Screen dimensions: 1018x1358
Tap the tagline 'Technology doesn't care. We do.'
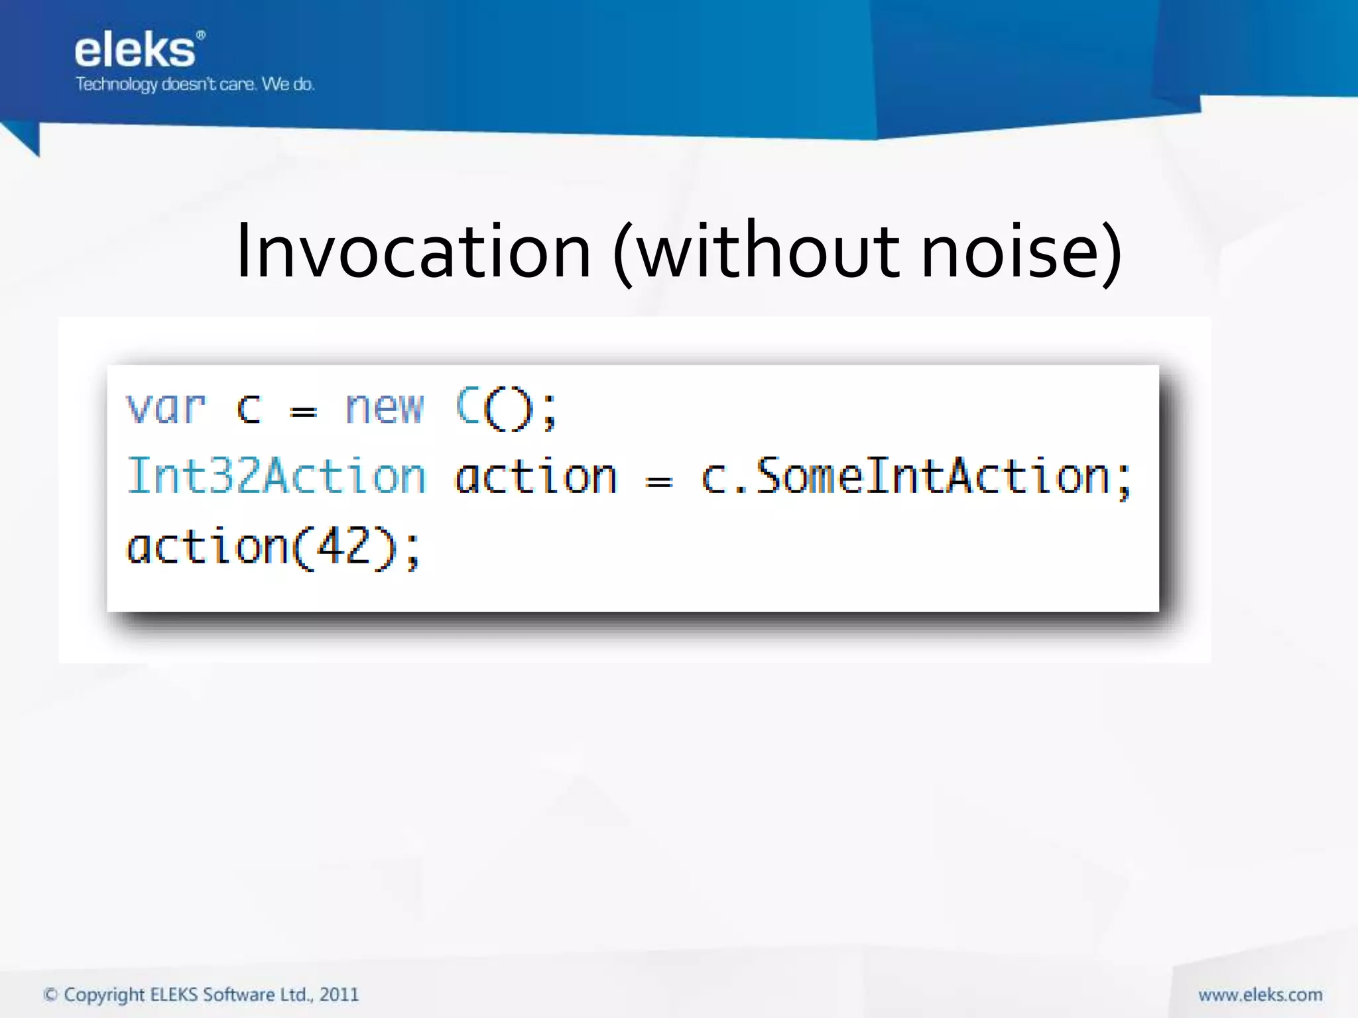194,84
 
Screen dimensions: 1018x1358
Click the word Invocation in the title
413,252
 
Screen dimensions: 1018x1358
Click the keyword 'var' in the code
166,408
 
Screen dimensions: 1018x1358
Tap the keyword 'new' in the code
384,408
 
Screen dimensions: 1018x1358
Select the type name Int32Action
276,477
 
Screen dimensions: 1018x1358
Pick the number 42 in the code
344,547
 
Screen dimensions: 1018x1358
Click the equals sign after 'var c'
304,412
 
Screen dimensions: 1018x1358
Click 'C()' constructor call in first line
495,408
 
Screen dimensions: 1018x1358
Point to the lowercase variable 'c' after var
249,409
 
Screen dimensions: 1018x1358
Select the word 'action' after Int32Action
536,478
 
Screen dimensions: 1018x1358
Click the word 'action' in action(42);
207,548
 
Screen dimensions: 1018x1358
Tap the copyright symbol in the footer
50,995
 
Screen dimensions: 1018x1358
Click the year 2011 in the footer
339,995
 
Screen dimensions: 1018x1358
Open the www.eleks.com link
1260,995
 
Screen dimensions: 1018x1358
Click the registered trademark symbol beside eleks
201,34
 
